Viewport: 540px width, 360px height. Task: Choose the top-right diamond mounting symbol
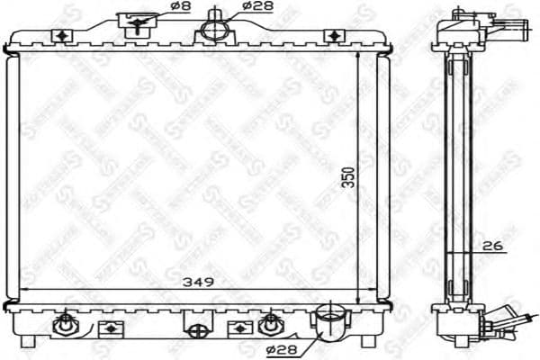[335, 35]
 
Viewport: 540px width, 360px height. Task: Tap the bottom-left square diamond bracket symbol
[109, 327]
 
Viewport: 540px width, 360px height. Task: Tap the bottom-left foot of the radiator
[30, 343]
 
